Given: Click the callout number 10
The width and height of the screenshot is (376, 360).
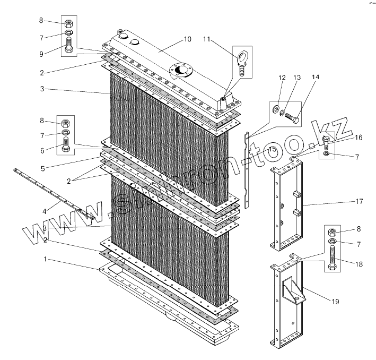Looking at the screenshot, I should point(187,39).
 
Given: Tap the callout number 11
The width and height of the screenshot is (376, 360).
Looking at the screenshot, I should point(207,39).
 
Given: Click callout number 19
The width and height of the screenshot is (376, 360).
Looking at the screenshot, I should point(335,302).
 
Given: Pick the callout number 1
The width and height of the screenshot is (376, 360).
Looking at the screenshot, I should point(46,260).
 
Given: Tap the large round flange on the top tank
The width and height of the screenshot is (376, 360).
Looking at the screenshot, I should point(181,70).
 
